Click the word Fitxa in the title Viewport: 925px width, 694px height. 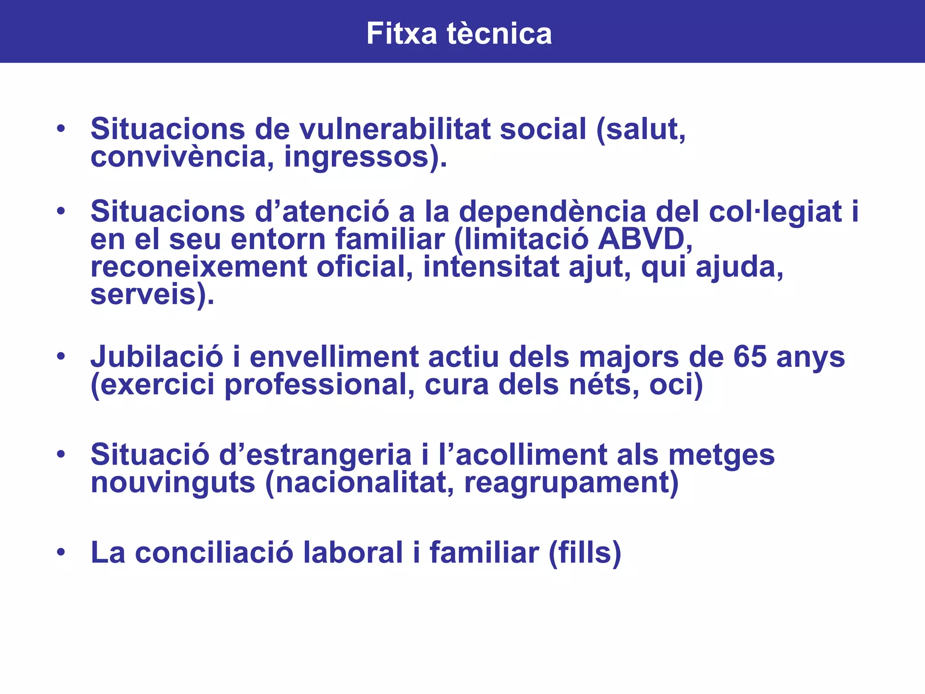point(402,33)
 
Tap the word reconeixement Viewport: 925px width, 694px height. point(199,267)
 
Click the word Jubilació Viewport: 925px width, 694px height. point(157,357)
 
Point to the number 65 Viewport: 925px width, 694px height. point(750,357)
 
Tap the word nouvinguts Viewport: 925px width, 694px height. point(173,483)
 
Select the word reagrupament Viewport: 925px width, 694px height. point(567,483)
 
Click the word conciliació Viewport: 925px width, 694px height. point(214,553)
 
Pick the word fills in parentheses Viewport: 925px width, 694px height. point(584,553)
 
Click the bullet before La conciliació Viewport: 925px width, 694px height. point(61,552)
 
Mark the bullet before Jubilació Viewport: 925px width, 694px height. point(61,356)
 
